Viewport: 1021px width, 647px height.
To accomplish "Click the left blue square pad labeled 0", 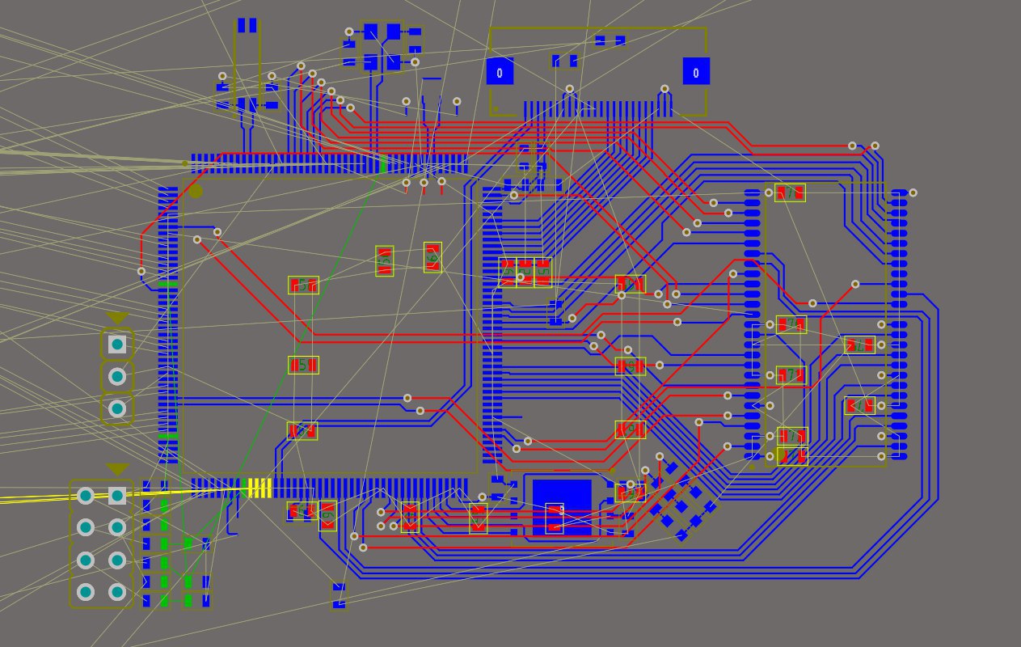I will [x=500, y=71].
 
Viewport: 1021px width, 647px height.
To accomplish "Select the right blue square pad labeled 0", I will [x=696, y=71].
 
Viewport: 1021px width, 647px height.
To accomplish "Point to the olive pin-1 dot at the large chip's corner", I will [x=196, y=192].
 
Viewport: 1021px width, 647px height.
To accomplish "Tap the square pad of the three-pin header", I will [x=117, y=345].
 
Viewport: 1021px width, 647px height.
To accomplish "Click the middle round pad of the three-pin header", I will [x=117, y=376].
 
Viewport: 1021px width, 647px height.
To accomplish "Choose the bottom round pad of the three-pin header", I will [x=117, y=408].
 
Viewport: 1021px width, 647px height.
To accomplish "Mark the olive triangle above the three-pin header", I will [x=117, y=318].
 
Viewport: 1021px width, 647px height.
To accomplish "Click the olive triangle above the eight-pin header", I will [x=117, y=469].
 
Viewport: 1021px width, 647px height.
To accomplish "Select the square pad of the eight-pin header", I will [x=117, y=495].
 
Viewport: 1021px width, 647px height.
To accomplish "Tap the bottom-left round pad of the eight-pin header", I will [x=86, y=592].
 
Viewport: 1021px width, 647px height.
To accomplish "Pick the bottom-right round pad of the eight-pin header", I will [x=117, y=592].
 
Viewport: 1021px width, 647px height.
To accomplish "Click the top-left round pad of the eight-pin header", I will [x=86, y=495].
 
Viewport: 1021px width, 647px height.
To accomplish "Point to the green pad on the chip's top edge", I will [x=383, y=164].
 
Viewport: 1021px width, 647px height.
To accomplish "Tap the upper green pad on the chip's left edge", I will [x=167, y=284].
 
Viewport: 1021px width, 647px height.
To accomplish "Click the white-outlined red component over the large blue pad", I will [x=555, y=518].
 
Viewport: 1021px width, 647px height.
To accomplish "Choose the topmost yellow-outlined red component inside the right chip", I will [x=790, y=192].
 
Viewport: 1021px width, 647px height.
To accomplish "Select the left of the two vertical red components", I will [x=385, y=260].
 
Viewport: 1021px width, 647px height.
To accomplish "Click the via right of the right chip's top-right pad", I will [x=913, y=192].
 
